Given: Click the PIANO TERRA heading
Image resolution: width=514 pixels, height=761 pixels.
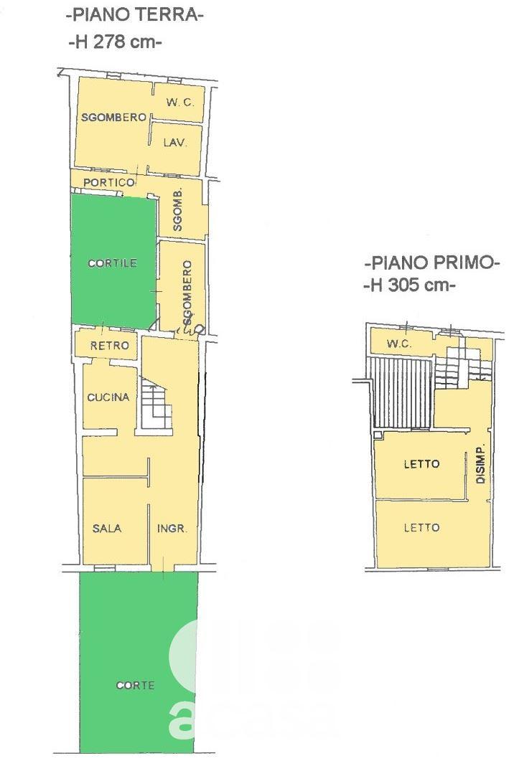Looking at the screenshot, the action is coord(134,15).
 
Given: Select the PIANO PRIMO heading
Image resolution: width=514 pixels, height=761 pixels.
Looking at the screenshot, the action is coord(432,263).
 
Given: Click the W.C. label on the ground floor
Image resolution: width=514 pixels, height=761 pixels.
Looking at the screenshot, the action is coord(179,103).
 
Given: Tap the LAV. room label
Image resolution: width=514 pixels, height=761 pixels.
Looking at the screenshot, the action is coord(175,143).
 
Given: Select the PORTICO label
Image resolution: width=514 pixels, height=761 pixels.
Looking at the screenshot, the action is coord(109,182).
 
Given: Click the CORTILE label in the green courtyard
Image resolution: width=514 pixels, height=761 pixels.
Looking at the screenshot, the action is coord(112,263).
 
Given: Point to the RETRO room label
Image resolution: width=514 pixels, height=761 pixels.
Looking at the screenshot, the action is coord(110,346).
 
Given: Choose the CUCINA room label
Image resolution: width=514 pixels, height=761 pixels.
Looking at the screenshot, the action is coord(108,397).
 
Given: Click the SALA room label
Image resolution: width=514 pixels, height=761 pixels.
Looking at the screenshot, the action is coord(107,528).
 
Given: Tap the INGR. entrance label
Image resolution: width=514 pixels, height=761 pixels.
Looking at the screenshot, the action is coord(172,529).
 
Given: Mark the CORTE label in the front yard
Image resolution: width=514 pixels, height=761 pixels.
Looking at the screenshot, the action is coord(135,685).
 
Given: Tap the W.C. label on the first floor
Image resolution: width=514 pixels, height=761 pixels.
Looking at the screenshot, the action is coord(399,344).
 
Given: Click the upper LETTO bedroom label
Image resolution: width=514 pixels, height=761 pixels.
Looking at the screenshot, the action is coord(421,464).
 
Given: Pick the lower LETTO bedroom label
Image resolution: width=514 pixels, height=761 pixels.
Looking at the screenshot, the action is coord(421,528).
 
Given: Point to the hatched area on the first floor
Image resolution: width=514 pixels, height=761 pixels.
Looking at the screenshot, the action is coord(402,394).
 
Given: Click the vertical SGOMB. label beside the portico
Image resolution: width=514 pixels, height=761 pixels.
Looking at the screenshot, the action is coord(178,209).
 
